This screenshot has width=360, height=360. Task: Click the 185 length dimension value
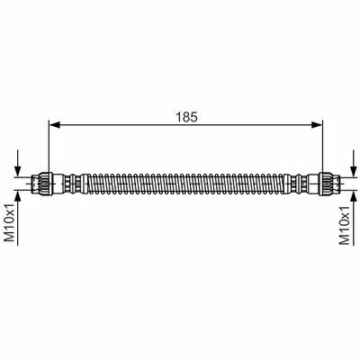186,117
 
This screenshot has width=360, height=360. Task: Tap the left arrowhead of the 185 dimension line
54,125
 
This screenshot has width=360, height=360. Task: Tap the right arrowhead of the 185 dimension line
317,125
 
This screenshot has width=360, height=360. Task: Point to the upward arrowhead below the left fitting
18,195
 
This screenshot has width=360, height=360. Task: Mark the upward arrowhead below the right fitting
352,195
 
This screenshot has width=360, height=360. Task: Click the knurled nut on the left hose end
47,184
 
